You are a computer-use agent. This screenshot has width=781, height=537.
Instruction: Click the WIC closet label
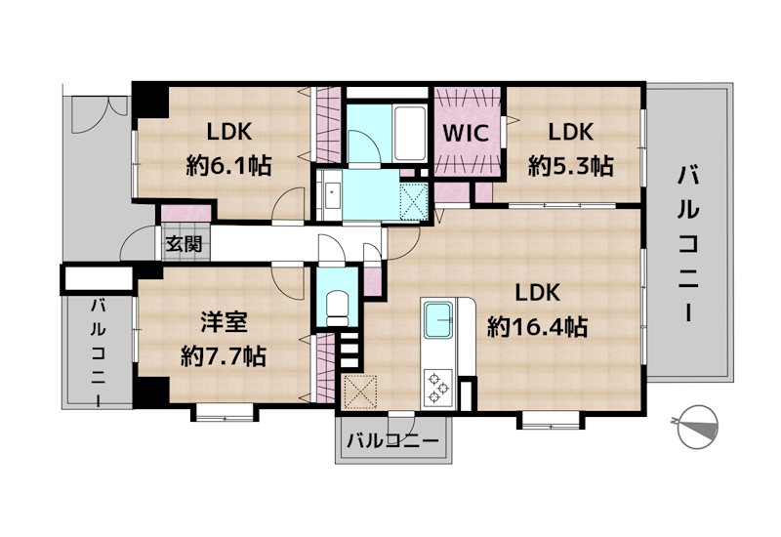466,133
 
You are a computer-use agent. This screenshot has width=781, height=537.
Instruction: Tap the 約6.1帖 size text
229,165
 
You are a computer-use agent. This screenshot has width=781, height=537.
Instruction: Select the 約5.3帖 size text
571,165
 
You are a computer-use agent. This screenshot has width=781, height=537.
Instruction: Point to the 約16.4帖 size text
538,327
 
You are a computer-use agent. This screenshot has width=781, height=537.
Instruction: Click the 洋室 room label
224,323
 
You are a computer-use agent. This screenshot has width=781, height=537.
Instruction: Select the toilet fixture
338,309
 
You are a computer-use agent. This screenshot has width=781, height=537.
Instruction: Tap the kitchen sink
438,320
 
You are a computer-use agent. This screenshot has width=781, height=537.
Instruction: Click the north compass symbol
698,426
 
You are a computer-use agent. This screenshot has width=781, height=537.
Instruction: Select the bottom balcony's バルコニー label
393,440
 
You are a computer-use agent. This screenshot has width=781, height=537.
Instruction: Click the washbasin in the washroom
331,194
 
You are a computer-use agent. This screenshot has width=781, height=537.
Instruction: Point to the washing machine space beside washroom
414,201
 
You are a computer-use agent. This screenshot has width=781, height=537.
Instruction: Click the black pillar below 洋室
151,392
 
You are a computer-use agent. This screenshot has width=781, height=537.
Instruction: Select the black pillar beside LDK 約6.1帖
150,101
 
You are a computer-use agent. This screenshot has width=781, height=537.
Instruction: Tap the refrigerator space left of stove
360,392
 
